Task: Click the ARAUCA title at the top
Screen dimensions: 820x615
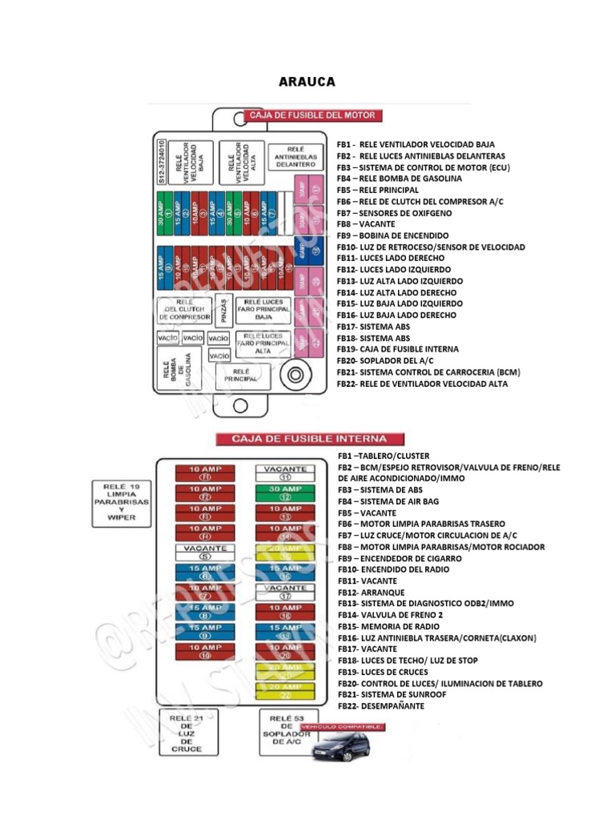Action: coord(307,82)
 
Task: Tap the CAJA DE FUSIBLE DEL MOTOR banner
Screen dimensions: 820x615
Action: coord(312,115)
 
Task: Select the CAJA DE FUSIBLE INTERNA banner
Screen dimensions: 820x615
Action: coord(308,439)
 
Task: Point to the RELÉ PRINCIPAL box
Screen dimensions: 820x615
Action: coord(241,376)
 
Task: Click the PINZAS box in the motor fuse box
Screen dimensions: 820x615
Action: coord(223,308)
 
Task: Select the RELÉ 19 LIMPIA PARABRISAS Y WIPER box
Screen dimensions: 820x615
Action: coord(121,501)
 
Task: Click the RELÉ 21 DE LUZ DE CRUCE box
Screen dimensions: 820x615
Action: coord(186,731)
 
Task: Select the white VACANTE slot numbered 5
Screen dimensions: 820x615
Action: coord(205,552)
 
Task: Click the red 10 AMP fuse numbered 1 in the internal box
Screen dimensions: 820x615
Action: coord(205,472)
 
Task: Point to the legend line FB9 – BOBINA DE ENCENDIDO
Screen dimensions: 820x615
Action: coord(392,236)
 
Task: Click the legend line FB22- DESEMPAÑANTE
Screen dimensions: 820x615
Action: coord(380,706)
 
